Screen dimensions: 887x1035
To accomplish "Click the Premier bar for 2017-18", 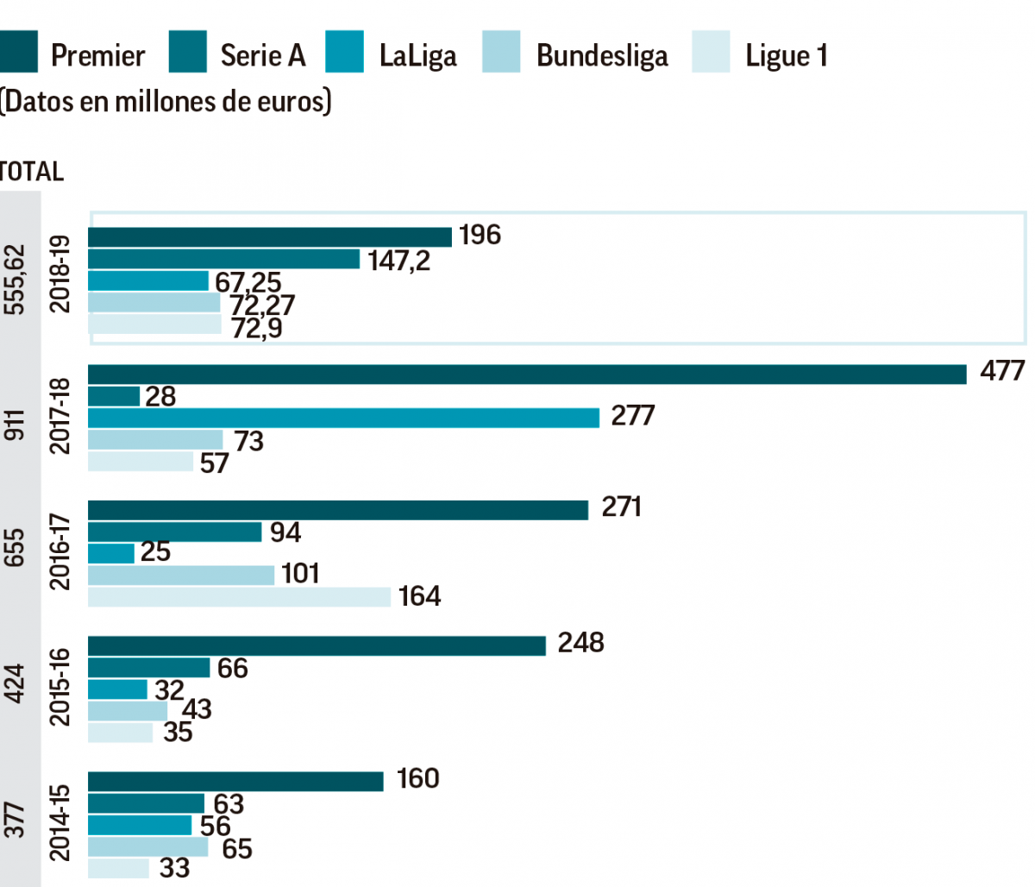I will coord(526,374).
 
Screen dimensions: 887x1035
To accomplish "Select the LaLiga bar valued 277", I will coord(343,418).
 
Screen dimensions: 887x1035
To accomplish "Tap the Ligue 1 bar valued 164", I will coord(239,596).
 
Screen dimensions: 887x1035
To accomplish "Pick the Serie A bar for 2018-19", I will coord(223,259).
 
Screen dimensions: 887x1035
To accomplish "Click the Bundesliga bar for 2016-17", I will coord(181,575).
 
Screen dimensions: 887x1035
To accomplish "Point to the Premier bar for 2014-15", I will coord(235,781).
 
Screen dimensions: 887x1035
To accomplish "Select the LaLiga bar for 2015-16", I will coord(117,689).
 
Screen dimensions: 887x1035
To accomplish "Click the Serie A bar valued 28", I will coord(114,396).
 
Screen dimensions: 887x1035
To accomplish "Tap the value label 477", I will coord(1002,371).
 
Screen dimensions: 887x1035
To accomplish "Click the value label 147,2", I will coord(398,260).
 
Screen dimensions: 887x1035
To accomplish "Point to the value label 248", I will coord(580,643).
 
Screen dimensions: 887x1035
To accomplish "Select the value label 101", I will coord(299,573).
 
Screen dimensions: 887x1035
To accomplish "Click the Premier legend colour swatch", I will coord(18,53).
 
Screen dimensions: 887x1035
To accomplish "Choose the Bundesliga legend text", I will coord(602,56).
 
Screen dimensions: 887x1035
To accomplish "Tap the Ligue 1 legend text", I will coord(786,56).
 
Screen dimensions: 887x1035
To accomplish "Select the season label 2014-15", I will coord(60,821).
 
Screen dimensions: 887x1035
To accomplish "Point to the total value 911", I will coord(16,425).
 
